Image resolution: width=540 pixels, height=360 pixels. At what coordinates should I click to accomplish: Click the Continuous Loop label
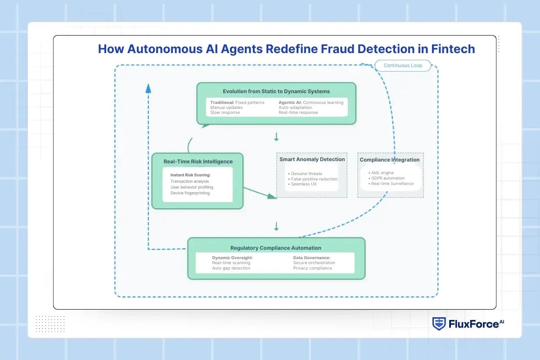pyautogui.click(x=403, y=66)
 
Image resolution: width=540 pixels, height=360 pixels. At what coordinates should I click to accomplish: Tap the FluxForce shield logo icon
pyautogui.click(x=439, y=324)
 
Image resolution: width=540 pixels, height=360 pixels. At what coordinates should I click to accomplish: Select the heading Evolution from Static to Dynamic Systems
pyautogui.click(x=276, y=91)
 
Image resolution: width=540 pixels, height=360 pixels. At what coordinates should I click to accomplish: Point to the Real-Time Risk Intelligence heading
pyautogui.click(x=198, y=162)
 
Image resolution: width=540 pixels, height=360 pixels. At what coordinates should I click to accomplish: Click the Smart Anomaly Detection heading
pyautogui.click(x=312, y=159)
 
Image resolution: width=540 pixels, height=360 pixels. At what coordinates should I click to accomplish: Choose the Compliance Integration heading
pyautogui.click(x=390, y=160)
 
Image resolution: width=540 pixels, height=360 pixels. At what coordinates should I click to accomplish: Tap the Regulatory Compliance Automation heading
pyautogui.click(x=276, y=248)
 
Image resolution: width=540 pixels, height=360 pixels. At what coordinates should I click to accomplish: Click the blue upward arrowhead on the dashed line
pyautogui.click(x=148, y=88)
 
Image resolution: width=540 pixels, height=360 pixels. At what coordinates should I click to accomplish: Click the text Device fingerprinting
pyautogui.click(x=190, y=193)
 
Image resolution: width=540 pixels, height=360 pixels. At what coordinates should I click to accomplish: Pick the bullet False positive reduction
pyautogui.click(x=314, y=179)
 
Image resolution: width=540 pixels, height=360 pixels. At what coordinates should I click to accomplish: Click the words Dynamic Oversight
pyautogui.click(x=232, y=257)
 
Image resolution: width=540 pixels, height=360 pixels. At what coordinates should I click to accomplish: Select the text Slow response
pyautogui.click(x=225, y=112)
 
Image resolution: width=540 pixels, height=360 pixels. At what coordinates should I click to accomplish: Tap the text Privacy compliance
pyautogui.click(x=312, y=268)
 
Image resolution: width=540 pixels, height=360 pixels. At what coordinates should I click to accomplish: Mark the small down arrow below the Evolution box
pyautogui.click(x=276, y=136)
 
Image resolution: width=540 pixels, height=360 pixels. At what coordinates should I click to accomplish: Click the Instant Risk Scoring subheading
pyautogui.click(x=190, y=175)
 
